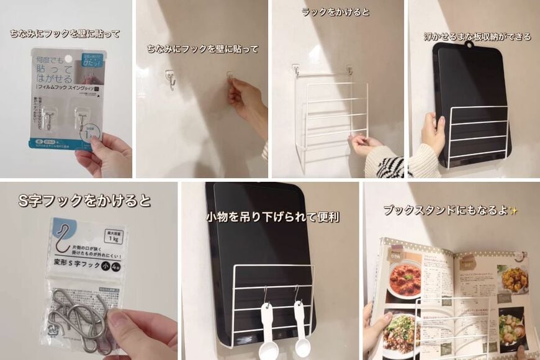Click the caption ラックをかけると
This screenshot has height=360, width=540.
335,12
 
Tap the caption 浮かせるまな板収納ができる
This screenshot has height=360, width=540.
477,37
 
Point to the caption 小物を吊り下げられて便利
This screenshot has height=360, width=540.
272,217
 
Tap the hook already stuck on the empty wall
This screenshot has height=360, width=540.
169,79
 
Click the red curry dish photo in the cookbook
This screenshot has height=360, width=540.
404,280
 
